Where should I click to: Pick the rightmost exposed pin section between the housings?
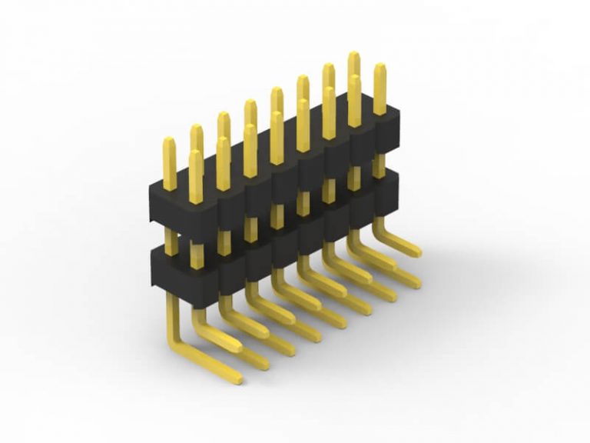click(380, 166)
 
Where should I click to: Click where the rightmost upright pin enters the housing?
click(380, 114)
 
